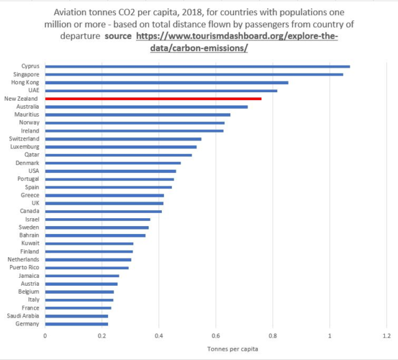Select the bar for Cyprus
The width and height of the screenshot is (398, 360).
(197, 66)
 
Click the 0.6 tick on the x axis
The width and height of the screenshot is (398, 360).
(216, 336)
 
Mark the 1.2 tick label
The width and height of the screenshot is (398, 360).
(386, 336)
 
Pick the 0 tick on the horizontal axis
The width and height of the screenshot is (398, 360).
(45, 336)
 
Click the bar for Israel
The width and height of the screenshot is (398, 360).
(98, 219)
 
